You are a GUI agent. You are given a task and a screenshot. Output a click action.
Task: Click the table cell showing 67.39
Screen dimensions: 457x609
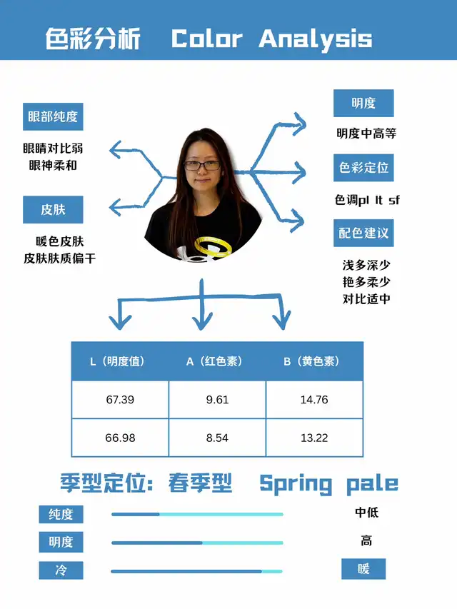120,399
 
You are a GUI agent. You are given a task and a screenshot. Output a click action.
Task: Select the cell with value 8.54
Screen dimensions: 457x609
217,438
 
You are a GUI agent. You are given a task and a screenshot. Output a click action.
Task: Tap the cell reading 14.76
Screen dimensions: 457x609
314,399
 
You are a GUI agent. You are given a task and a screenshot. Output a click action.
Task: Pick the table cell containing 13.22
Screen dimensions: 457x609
314,438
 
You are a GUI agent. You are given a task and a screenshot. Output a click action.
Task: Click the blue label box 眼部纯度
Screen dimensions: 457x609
53,116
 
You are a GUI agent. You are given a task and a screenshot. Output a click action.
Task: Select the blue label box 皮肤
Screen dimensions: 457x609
53,210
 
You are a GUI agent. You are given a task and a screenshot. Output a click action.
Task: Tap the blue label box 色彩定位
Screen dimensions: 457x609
363,167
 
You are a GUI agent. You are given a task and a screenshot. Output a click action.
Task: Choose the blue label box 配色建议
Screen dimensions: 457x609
363,233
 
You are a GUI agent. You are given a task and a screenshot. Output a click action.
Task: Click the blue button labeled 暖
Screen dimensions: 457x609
363,569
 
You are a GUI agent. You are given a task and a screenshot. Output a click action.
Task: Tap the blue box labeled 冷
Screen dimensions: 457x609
61,570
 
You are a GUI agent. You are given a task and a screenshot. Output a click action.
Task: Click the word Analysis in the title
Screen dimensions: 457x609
316,39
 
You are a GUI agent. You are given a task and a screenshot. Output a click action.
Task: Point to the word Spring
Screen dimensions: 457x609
296,484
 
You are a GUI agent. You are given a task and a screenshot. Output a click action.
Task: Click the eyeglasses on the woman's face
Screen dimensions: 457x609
203,166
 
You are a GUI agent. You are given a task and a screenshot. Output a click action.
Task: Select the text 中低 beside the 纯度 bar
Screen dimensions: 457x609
366,513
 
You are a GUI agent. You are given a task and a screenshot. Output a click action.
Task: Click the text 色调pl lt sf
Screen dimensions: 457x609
367,200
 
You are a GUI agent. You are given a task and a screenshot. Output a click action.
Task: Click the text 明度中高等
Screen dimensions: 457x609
366,134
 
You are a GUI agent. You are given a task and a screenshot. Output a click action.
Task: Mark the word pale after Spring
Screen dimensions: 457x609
372,484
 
